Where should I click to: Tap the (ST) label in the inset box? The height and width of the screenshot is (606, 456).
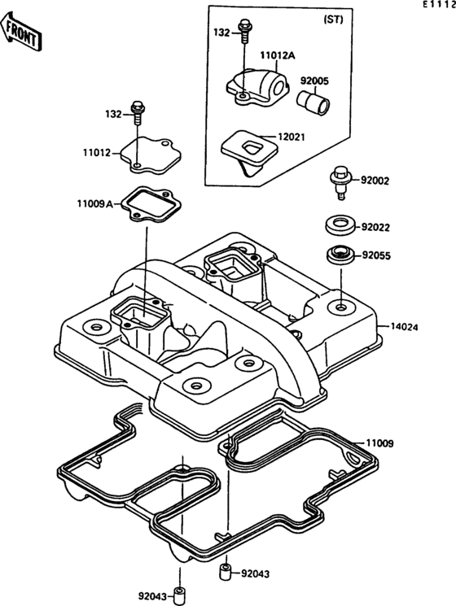(x=333, y=20)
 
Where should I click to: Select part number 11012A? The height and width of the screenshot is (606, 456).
(x=278, y=55)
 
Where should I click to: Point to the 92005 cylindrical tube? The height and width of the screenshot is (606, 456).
(x=313, y=101)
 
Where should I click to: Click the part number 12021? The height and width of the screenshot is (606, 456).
(x=292, y=137)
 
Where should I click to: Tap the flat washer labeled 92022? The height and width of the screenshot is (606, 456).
(x=340, y=225)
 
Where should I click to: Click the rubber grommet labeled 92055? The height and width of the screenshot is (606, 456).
(x=340, y=255)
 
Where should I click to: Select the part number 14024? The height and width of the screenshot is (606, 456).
(x=404, y=327)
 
